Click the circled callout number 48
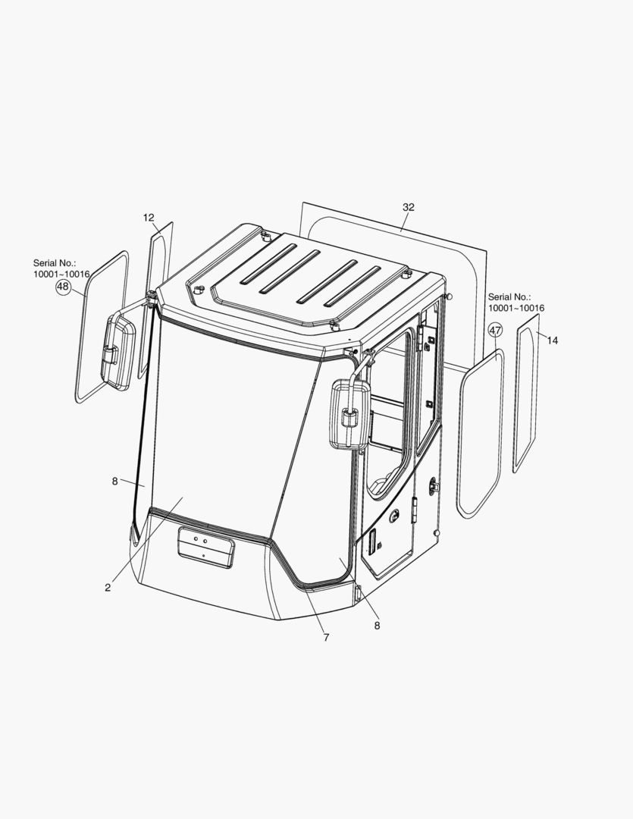coord(63,286)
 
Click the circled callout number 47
coord(495,330)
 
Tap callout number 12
coord(149,218)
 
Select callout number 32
coord(409,207)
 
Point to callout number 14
coord(552,340)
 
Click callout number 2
coord(108,588)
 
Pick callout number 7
coord(327,637)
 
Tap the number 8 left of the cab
coord(115,482)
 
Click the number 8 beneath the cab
coord(377,625)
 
